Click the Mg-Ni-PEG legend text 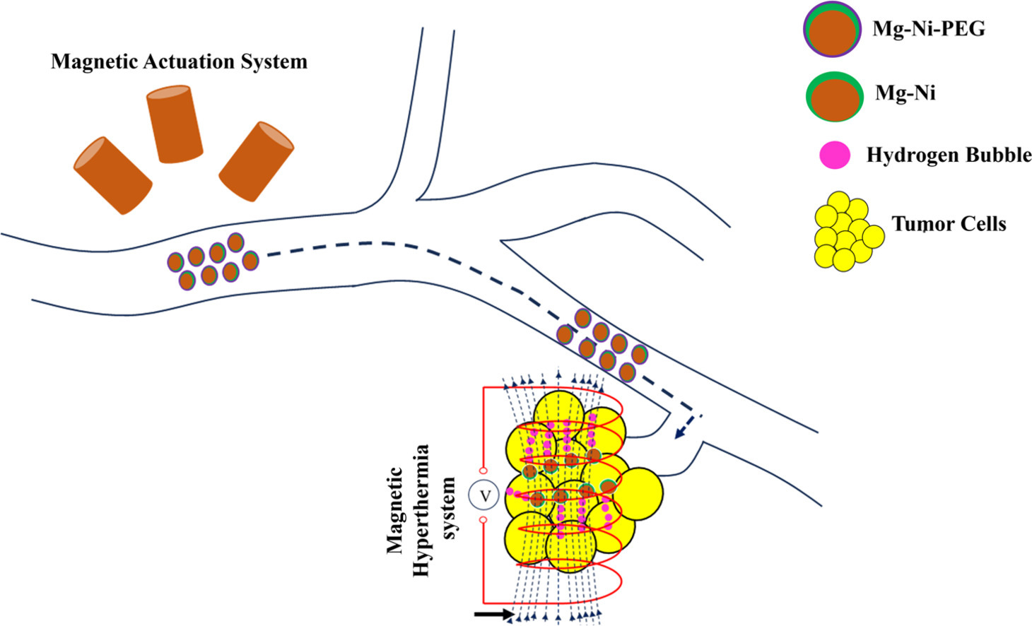[x=928, y=29]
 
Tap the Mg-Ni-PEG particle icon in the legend [x=832, y=29]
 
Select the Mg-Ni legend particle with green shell [x=834, y=96]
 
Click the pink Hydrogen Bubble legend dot [x=835, y=155]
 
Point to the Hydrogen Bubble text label [x=949, y=155]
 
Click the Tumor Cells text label [x=949, y=224]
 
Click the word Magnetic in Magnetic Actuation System [x=94, y=61]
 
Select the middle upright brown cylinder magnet [x=174, y=124]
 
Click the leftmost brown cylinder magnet [x=112, y=175]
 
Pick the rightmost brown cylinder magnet [x=256, y=161]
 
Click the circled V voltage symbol [x=485, y=496]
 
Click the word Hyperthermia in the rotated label [x=421, y=510]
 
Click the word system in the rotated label [x=449, y=509]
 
